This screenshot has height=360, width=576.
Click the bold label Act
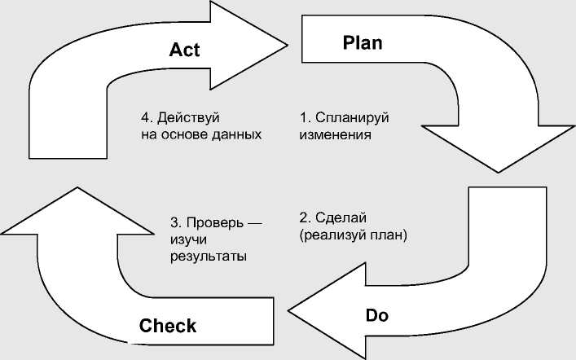click(x=184, y=50)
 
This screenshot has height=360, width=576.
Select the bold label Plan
click(x=363, y=42)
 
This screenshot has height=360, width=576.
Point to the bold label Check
click(x=168, y=326)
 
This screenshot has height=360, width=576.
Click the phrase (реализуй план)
click(x=353, y=235)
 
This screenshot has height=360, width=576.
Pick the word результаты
click(x=209, y=256)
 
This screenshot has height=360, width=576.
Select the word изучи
click(x=189, y=239)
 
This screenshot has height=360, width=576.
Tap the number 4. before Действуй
click(x=145, y=117)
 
